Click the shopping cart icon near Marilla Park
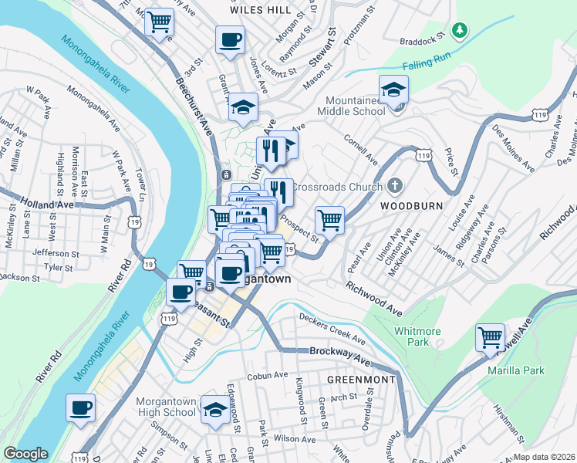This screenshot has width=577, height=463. coord(490,338)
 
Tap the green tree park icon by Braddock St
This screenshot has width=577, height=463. coord(460,30)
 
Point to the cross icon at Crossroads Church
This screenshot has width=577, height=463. coord(395,186)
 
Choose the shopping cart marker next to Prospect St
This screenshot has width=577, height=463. coord(329,219)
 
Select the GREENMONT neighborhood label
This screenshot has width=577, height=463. coord(361,380)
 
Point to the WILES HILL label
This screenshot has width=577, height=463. coord(261,10)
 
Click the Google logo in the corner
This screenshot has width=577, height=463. coord(25,454)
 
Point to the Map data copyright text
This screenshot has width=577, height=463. coord(545,457)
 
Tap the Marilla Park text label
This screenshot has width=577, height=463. coord(515,370)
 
